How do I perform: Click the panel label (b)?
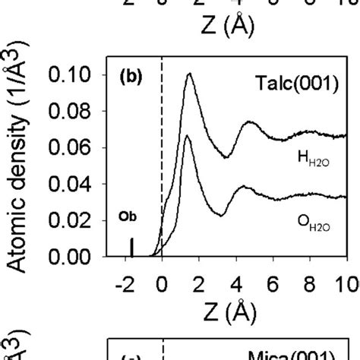pyautogui.click(x=131, y=77)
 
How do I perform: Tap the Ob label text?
pyautogui.click(x=128, y=216)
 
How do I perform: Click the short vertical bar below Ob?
pyautogui.click(x=133, y=248)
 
